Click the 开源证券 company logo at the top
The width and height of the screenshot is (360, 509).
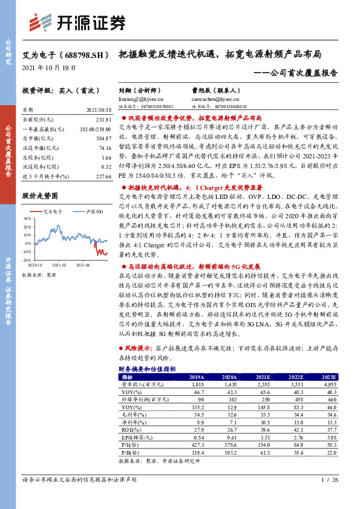click(x=84, y=22)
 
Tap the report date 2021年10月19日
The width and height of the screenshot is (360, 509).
click(x=45, y=68)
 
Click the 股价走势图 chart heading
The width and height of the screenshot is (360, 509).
click(x=39, y=196)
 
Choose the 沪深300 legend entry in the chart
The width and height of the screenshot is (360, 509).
click(x=92, y=212)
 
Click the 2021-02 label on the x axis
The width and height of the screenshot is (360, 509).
click(x=59, y=264)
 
